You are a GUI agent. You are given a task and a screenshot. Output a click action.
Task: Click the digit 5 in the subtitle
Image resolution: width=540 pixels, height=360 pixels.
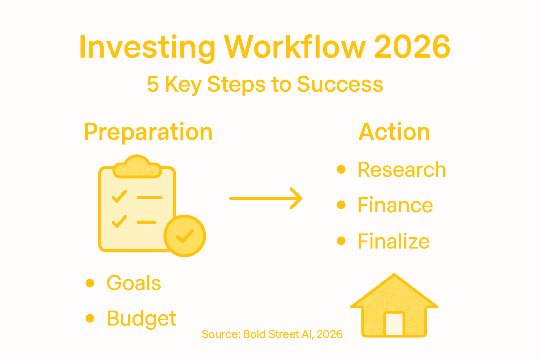153,84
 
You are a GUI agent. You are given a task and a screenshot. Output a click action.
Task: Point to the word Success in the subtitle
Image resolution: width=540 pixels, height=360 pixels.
340,84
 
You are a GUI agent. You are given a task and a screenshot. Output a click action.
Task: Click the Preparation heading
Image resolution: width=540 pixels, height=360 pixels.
148,132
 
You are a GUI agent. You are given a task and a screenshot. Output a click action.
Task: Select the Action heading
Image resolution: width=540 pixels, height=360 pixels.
394,132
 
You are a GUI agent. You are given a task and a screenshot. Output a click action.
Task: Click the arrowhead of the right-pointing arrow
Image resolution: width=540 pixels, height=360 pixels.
297,199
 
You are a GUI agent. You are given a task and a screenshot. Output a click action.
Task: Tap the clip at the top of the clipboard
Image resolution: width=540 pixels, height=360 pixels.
137,167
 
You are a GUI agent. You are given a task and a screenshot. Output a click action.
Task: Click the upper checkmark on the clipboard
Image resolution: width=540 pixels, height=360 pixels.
119,197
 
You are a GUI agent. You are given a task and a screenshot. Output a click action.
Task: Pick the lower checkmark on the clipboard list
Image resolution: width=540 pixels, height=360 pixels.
119,221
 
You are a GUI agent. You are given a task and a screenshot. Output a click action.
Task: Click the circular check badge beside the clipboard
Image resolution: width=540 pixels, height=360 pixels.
185,236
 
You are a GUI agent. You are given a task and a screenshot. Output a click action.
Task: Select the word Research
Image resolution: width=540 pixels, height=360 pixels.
402,170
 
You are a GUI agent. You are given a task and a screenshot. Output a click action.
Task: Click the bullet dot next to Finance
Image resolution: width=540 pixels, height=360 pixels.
341,205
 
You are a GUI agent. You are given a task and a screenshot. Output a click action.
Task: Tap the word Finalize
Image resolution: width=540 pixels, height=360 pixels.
394,241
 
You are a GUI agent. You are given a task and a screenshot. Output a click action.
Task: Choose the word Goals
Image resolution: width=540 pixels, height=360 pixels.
134,283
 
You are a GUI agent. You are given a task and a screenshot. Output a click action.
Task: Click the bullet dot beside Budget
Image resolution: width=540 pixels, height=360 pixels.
90,318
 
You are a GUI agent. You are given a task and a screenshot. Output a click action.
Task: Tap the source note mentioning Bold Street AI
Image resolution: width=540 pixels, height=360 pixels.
272,334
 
